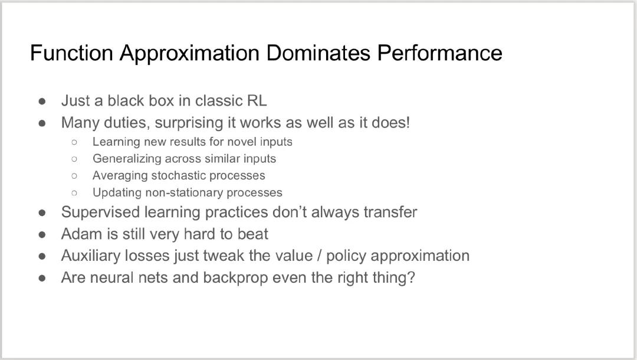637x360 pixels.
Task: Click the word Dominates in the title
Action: click(318, 53)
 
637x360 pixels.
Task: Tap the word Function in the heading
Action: click(71, 53)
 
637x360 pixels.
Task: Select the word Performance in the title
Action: click(440, 53)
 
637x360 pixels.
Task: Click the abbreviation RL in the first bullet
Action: click(257, 101)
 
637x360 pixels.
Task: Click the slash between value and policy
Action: click(320, 256)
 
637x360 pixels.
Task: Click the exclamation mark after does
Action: click(408, 123)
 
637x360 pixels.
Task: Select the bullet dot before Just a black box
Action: click(42, 101)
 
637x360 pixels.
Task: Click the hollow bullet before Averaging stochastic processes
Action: click(74, 176)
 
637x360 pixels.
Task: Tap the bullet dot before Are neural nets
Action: click(42, 279)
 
